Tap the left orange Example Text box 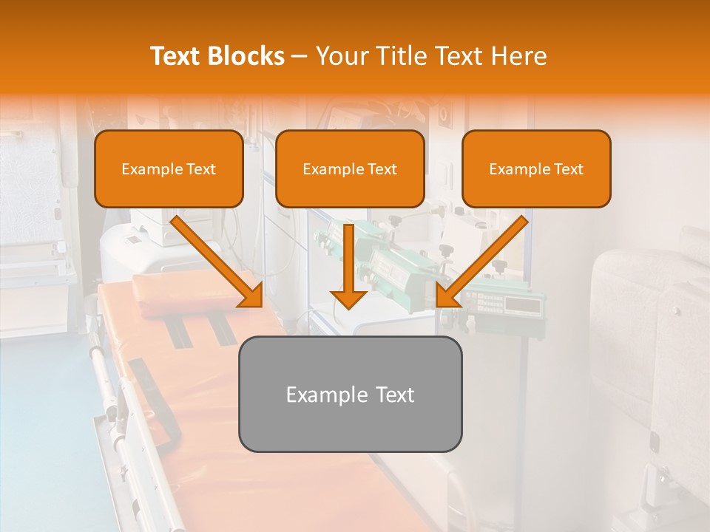pos(169,168)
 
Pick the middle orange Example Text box pos(350,168)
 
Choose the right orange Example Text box pos(536,168)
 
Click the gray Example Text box pos(350,394)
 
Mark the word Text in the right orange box pos(568,168)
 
